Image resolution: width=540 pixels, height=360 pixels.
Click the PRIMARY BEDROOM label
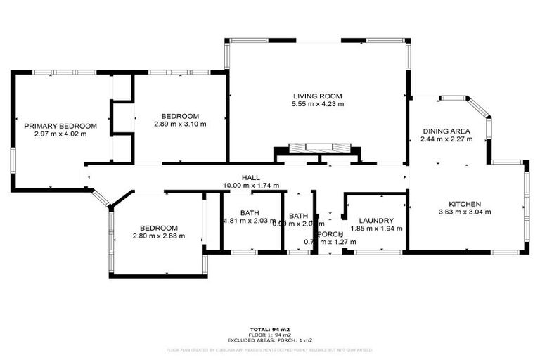(60, 126)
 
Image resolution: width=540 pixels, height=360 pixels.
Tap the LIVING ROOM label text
(317, 96)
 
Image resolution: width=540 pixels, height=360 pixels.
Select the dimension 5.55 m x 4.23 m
(317, 105)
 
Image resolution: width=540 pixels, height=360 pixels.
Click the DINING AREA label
(446, 131)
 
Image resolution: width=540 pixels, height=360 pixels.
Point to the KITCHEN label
(464, 203)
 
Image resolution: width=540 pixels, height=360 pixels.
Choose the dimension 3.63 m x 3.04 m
(464, 212)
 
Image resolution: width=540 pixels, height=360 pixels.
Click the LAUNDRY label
(376, 220)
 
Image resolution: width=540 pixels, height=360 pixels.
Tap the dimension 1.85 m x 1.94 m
(376, 229)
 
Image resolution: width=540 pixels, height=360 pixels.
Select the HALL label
(251, 178)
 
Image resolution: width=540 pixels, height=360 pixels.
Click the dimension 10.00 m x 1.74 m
(251, 186)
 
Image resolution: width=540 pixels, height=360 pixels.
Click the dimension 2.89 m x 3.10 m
(180, 124)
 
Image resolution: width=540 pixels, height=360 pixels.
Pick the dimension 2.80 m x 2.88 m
(158, 236)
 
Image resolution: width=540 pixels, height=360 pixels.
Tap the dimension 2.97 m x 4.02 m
(60, 134)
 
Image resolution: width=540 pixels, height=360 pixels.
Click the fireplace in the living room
(319, 148)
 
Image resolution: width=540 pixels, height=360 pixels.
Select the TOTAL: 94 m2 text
(270, 329)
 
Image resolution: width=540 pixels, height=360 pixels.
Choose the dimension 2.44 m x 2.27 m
(446, 139)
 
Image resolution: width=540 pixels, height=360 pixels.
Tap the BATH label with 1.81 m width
(250, 213)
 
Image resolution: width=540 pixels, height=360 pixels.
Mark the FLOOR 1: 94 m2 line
(270, 334)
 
